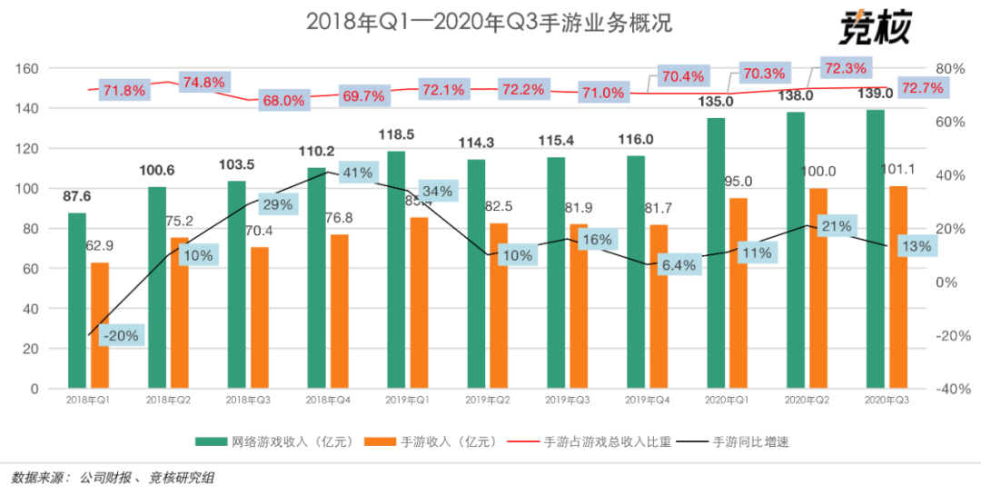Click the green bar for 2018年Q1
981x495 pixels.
click(77, 301)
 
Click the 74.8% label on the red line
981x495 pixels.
click(203, 83)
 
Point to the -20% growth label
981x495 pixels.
click(120, 335)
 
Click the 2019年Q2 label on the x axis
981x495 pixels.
click(485, 401)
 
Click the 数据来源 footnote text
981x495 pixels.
click(114, 477)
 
